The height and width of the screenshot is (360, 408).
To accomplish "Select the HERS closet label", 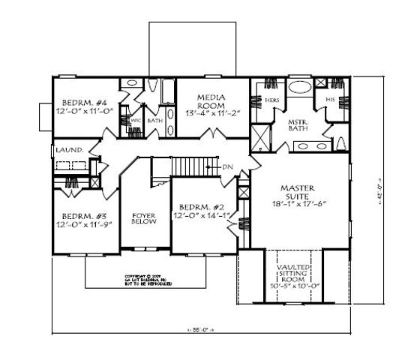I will tap(272, 98).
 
